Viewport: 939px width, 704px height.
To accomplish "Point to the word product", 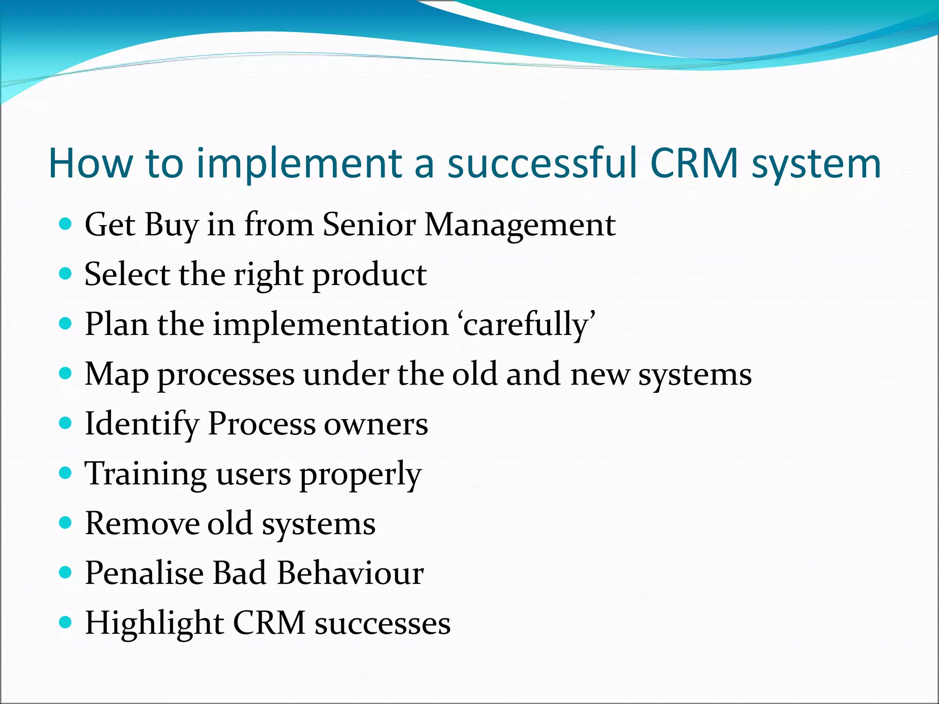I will point(370,275).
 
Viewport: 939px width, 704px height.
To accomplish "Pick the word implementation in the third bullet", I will point(331,325).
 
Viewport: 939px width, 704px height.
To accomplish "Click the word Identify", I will point(141,424).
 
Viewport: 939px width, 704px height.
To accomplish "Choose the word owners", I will point(376,424).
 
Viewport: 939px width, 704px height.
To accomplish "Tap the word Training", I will point(145,474).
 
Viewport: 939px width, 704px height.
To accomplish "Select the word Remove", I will point(142,523).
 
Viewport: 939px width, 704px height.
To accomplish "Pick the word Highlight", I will point(155,623).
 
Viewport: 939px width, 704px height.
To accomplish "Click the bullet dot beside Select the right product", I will point(66,274).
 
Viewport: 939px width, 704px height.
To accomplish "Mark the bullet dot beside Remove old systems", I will point(66,522).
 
